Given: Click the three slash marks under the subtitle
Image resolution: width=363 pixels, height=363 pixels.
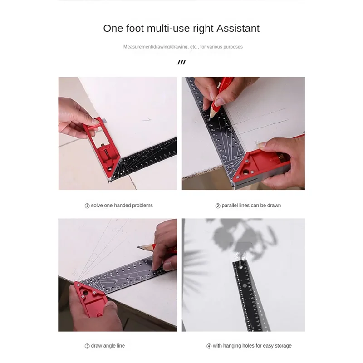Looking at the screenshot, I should tap(181, 62).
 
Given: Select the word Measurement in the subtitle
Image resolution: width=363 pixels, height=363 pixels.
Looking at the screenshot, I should tap(138, 47).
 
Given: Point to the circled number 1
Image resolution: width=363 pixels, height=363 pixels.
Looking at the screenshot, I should tap(87, 206).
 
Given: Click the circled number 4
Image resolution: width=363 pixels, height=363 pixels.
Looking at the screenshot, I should tap(209, 346).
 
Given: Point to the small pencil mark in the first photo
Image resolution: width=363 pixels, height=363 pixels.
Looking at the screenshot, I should tap(146, 120).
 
